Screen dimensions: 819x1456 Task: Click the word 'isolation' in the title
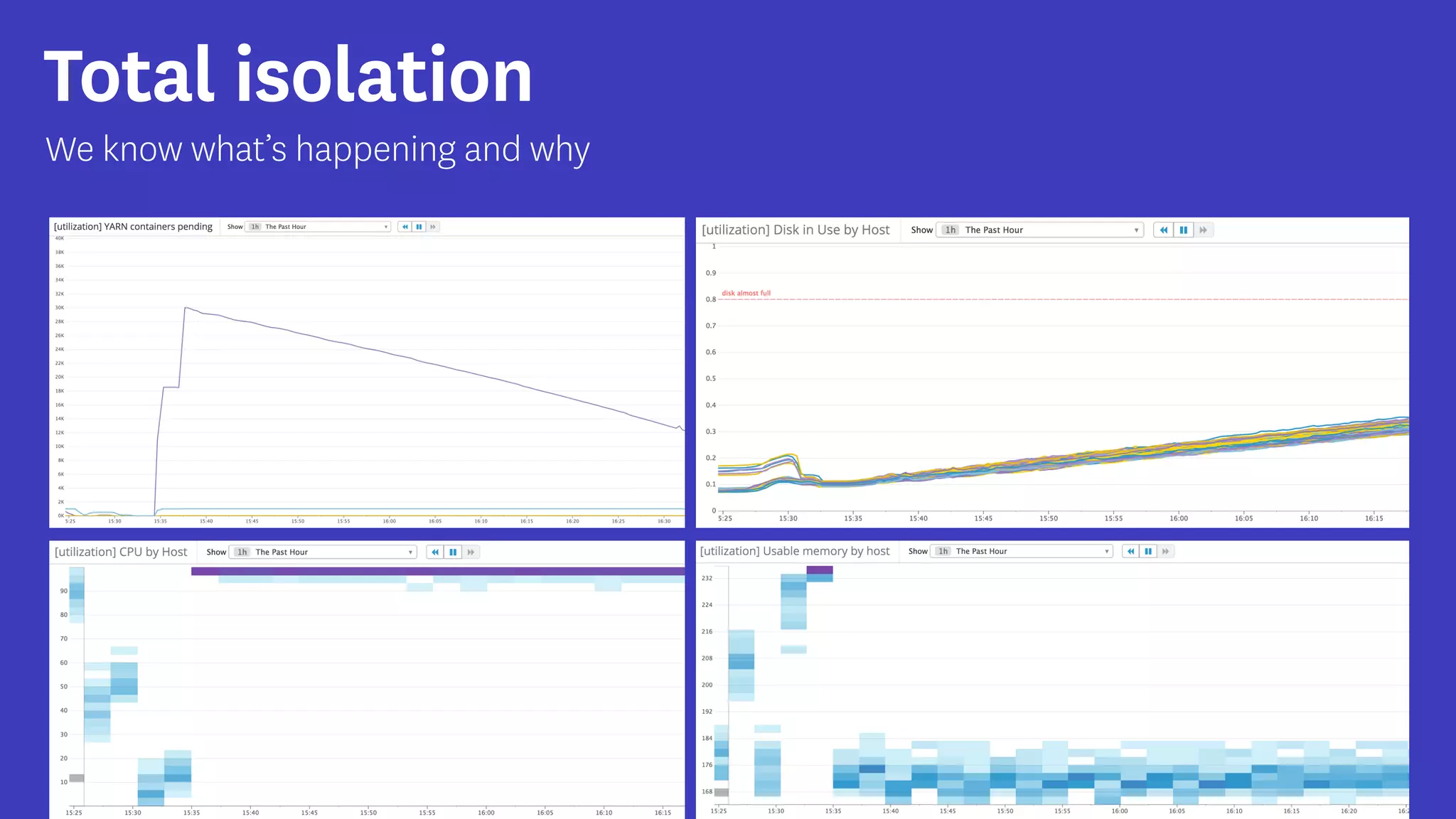[384, 75]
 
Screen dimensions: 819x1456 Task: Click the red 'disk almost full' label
[746, 293]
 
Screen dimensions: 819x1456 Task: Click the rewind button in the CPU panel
[435, 552]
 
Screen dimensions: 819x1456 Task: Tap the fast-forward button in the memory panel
[1165, 551]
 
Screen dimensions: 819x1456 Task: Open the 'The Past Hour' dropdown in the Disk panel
[1039, 230]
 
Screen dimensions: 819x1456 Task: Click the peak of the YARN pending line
[186, 308]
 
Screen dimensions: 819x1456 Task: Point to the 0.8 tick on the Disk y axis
[710, 299]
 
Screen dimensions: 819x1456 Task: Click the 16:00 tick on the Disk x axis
[1178, 518]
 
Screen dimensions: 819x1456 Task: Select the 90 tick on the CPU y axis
[63, 591]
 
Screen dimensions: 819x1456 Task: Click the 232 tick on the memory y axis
[707, 578]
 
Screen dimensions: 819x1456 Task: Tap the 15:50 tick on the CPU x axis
[368, 813]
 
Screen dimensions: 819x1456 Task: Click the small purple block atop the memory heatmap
[819, 569]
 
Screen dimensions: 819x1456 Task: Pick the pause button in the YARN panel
[419, 227]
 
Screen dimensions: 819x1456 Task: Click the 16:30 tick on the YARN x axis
[663, 521]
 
